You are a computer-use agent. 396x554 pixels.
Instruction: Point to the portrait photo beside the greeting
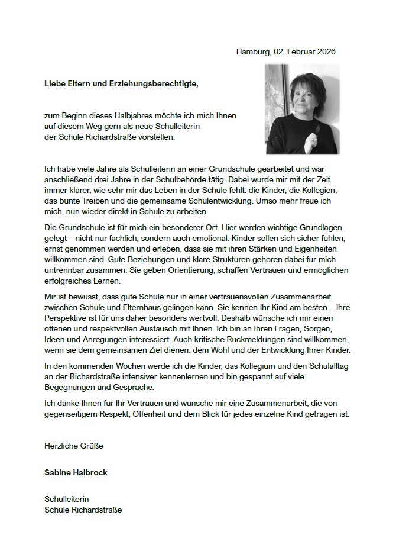tap(302, 109)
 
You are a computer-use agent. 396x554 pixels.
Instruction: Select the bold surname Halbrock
tap(90, 473)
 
